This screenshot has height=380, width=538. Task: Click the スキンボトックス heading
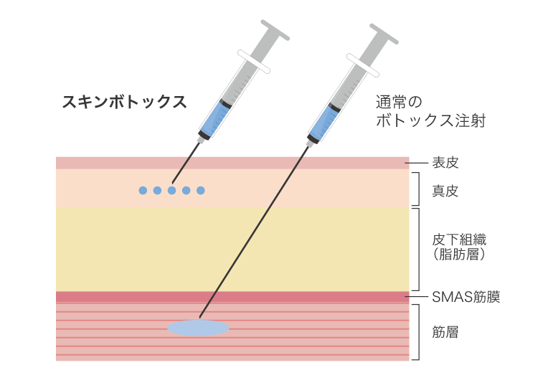click(x=124, y=102)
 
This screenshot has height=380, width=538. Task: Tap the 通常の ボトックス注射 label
click(x=431, y=111)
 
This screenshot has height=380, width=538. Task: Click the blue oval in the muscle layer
click(x=199, y=328)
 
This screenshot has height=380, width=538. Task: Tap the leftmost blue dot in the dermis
click(x=143, y=190)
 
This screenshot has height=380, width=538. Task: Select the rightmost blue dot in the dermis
click(x=201, y=190)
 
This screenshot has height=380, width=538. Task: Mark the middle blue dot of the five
click(x=171, y=190)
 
